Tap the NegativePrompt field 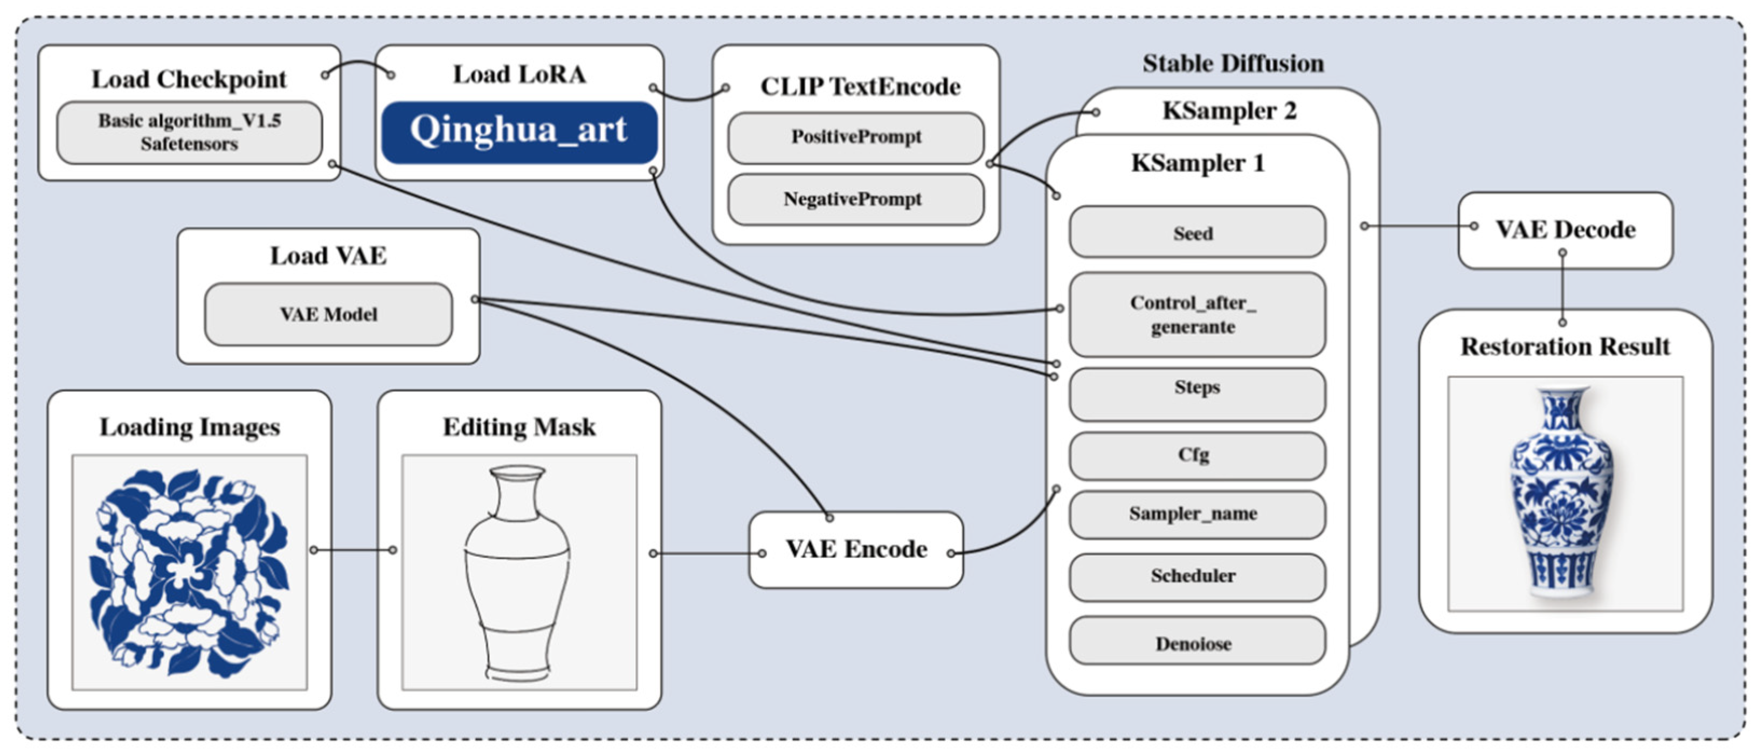[x=856, y=199]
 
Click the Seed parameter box [x=1197, y=232]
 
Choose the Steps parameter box [x=1197, y=395]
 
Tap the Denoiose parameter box [x=1197, y=641]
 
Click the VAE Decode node [x=1566, y=230]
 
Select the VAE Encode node [x=856, y=550]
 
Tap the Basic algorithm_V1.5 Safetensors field [x=189, y=133]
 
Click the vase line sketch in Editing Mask [x=517, y=573]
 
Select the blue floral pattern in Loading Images [x=190, y=572]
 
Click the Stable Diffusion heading [x=1233, y=64]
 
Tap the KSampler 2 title [x=1229, y=110]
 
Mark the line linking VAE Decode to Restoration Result [x=1563, y=287]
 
